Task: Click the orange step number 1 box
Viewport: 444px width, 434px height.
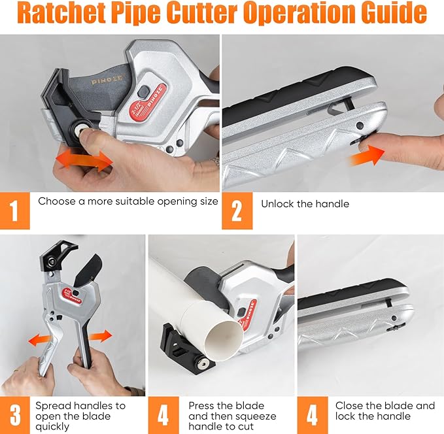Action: click(15, 210)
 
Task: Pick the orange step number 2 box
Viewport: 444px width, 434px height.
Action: click(237, 210)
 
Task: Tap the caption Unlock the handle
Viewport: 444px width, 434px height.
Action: click(305, 204)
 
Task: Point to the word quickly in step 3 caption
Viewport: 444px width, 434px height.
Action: click(53, 427)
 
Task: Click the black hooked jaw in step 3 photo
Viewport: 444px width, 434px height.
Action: click(62, 256)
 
